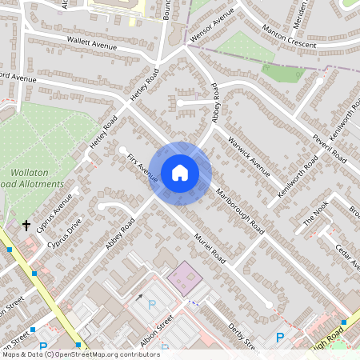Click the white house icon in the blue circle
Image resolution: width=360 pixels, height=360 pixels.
click(x=180, y=173)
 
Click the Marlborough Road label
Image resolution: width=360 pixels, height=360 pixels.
click(x=241, y=212)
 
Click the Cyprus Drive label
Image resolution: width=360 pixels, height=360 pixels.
click(x=64, y=232)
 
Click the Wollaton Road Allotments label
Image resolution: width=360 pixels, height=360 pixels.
click(x=36, y=178)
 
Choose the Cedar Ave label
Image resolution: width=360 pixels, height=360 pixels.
click(x=348, y=256)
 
